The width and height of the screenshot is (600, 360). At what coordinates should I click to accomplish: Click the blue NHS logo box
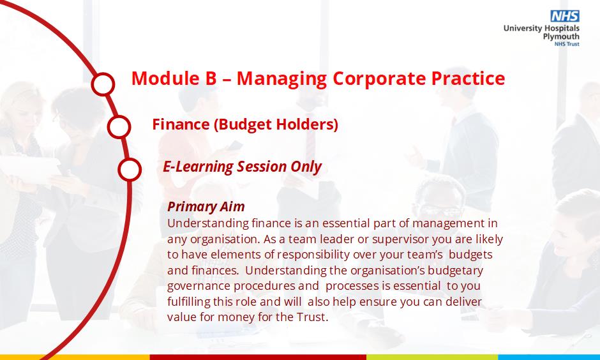565,16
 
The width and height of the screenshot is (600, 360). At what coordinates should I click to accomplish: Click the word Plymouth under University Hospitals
561,37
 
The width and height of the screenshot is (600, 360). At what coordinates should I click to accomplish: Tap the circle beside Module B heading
103,84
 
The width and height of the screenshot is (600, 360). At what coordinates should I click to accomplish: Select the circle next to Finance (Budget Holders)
119,126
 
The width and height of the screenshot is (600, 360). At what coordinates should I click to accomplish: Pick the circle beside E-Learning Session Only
130,169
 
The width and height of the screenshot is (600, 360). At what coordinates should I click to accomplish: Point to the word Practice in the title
469,78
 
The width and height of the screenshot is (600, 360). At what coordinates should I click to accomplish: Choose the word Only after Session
306,167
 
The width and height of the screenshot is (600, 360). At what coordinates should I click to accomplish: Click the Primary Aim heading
206,207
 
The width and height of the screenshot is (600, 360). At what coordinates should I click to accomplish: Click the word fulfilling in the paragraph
189,302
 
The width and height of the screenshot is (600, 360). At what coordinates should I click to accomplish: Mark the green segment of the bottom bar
432,357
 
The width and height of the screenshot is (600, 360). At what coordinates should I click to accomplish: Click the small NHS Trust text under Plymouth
567,44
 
